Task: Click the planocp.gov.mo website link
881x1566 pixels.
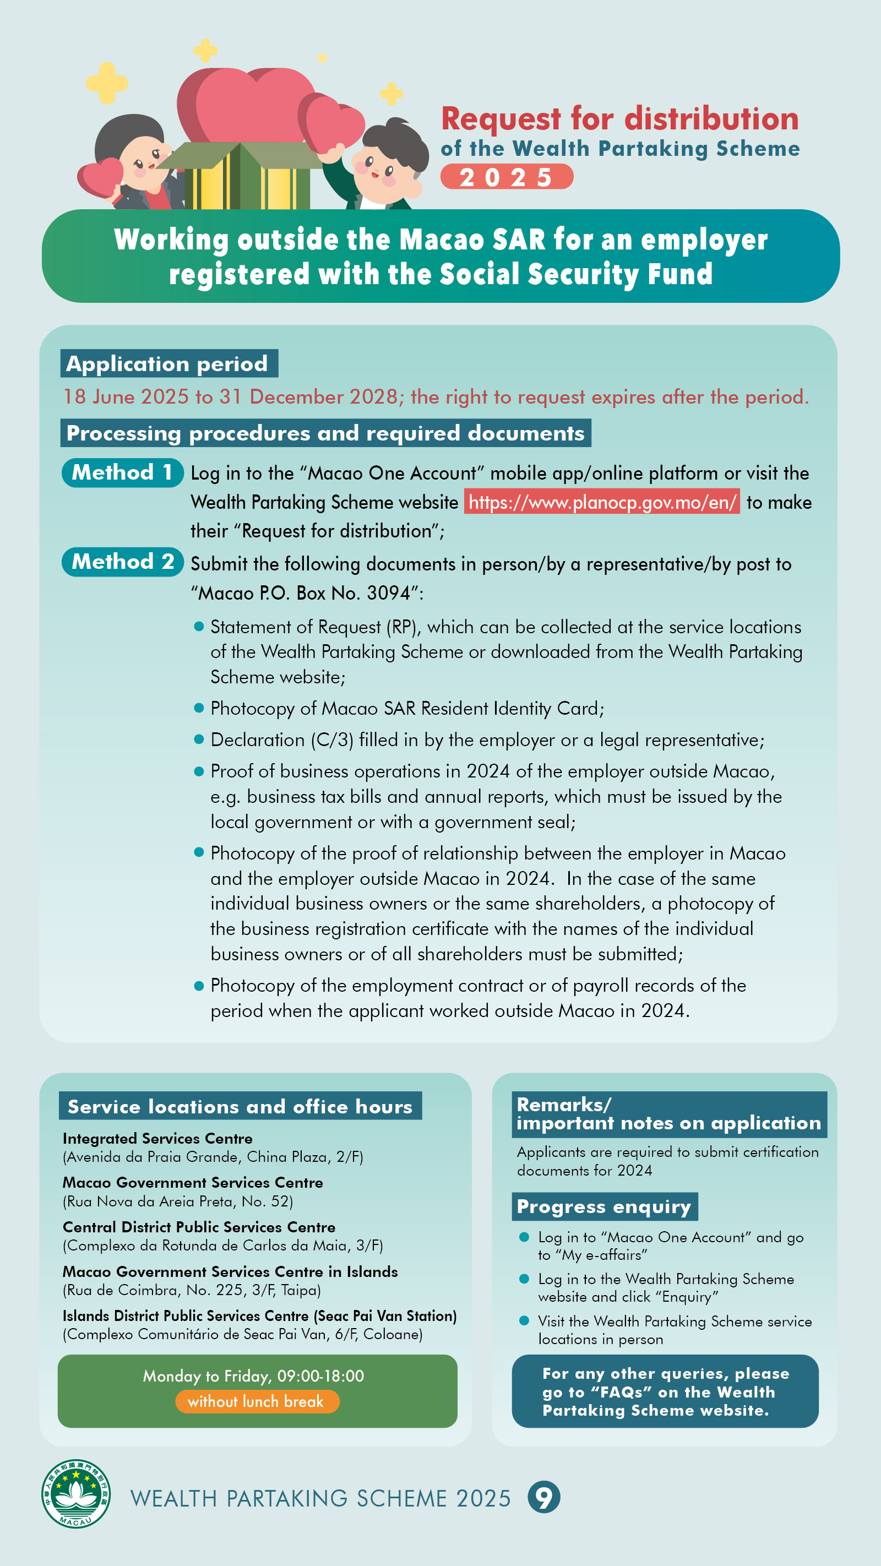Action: pyautogui.click(x=601, y=502)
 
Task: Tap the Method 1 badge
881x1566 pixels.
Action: pyautogui.click(x=122, y=472)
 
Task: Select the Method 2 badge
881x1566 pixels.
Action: pyautogui.click(x=122, y=562)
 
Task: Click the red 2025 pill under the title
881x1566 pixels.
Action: pyautogui.click(x=506, y=177)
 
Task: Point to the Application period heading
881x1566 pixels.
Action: pyautogui.click(x=168, y=363)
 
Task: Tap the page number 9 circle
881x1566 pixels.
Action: pyautogui.click(x=543, y=1497)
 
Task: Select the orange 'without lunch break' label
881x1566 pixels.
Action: pyautogui.click(x=257, y=1401)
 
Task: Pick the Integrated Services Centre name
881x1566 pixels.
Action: pyautogui.click(x=157, y=1138)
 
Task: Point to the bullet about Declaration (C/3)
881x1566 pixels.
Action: pyautogui.click(x=487, y=740)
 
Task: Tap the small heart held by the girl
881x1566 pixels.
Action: pyautogui.click(x=101, y=177)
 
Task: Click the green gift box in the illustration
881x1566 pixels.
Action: pyautogui.click(x=243, y=176)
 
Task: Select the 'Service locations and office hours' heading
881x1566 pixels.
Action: pyautogui.click(x=240, y=1106)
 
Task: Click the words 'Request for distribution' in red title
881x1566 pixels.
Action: pyautogui.click(x=619, y=119)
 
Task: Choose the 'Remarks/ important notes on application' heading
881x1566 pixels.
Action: pyautogui.click(x=668, y=1114)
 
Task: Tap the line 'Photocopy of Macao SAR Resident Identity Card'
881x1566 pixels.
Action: pyautogui.click(x=407, y=708)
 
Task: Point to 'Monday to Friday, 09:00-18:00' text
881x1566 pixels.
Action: pyautogui.click(x=253, y=1375)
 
